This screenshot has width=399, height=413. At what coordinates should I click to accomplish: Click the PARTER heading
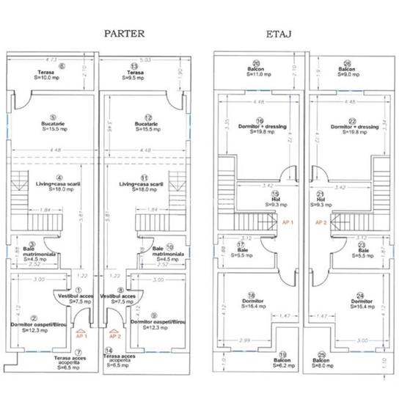coord(124,34)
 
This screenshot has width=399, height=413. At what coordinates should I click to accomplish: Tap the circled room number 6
coord(63,66)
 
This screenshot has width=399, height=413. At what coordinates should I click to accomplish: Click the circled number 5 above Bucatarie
coord(54,116)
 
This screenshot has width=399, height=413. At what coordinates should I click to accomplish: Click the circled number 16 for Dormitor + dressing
coord(260,122)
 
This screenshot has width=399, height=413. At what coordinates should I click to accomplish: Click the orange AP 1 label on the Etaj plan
coord(288,221)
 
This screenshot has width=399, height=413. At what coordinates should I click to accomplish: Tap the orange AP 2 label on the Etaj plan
coord(321,221)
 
